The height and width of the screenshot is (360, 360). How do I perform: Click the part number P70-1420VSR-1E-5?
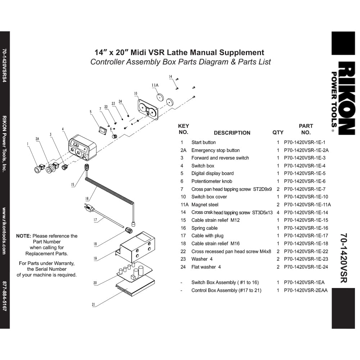305,174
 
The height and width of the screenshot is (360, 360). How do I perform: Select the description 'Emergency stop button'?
215,150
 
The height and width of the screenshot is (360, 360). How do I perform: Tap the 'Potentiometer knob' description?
212,181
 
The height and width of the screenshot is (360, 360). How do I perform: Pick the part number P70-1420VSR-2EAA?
306,291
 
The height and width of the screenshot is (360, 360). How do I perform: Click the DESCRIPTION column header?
232,133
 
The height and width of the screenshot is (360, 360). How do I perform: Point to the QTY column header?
278,132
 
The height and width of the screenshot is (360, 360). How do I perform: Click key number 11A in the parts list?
184,204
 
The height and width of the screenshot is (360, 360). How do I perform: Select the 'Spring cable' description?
204,228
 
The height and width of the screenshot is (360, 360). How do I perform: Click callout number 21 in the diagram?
94,305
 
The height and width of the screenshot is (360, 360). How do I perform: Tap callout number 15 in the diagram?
73,184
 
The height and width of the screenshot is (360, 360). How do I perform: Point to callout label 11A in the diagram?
155,85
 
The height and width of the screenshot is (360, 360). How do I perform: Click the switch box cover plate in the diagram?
148,109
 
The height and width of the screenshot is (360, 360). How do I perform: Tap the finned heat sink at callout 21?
135,285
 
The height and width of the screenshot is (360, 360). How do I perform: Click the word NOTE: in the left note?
23,236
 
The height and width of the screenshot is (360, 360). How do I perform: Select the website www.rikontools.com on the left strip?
4,231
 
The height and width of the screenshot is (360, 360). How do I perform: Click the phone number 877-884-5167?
4,296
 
